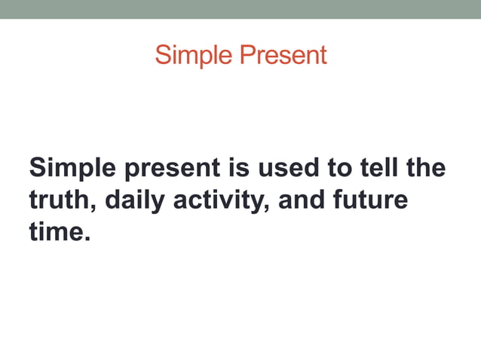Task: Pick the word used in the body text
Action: coord(289,167)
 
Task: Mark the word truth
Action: coord(60,200)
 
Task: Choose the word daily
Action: coord(133,201)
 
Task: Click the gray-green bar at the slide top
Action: coord(240,9)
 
